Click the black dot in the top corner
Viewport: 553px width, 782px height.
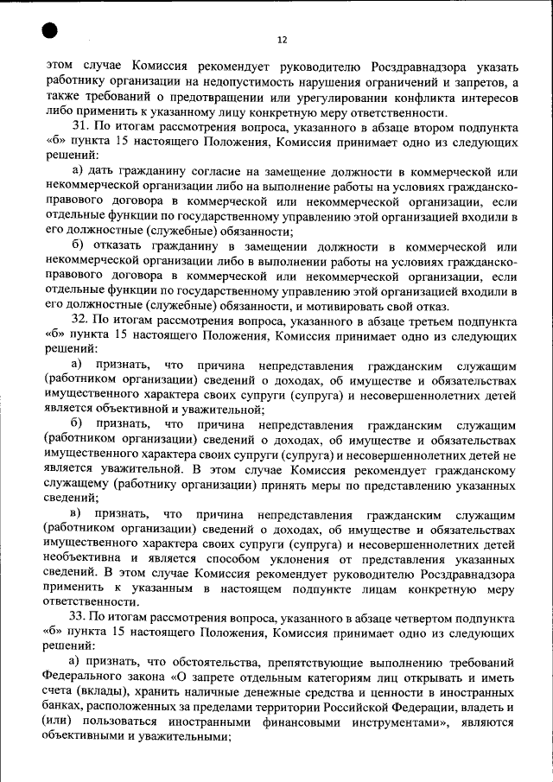tap(48, 31)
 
